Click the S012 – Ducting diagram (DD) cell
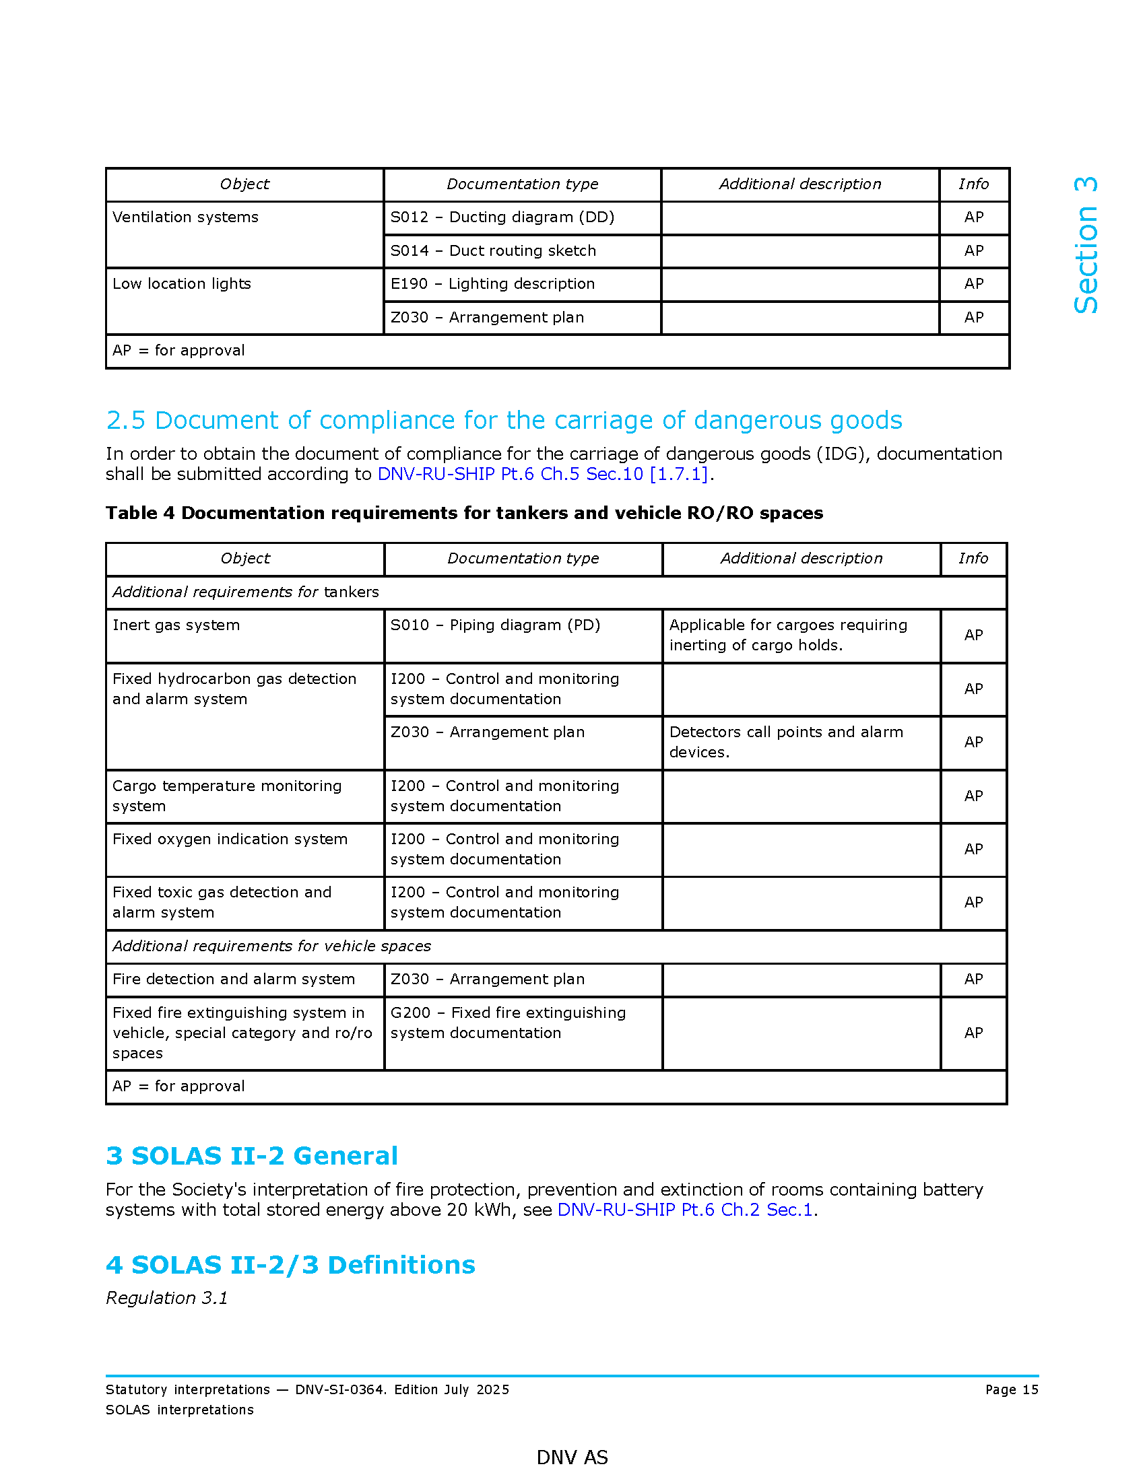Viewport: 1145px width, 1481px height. [x=502, y=217]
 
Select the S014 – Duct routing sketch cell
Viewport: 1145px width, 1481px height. [x=493, y=251]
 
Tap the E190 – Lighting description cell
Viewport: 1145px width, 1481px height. [x=492, y=284]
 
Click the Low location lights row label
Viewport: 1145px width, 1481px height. [x=182, y=284]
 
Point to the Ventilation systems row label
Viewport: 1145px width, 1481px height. [x=185, y=217]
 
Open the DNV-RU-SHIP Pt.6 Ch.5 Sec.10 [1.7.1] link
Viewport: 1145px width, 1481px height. [x=543, y=474]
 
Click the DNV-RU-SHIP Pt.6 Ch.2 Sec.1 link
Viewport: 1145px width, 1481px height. [x=685, y=1210]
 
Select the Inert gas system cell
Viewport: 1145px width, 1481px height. [x=176, y=625]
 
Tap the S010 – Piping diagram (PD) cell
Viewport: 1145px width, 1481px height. [x=495, y=625]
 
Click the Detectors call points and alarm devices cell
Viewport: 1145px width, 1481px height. [x=786, y=742]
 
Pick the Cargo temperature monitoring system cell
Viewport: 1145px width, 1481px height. [x=226, y=796]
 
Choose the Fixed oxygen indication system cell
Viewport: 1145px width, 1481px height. [x=230, y=839]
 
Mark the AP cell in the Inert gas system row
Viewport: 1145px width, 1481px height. [x=973, y=635]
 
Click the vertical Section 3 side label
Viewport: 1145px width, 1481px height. [x=1086, y=246]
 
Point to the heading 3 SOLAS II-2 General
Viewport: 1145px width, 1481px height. [x=252, y=1155]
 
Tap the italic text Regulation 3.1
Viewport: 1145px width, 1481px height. [x=167, y=1298]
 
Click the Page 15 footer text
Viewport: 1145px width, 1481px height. [x=1012, y=1389]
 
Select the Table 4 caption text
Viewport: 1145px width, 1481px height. [x=464, y=513]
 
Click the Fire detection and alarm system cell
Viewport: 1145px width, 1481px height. [x=233, y=979]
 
